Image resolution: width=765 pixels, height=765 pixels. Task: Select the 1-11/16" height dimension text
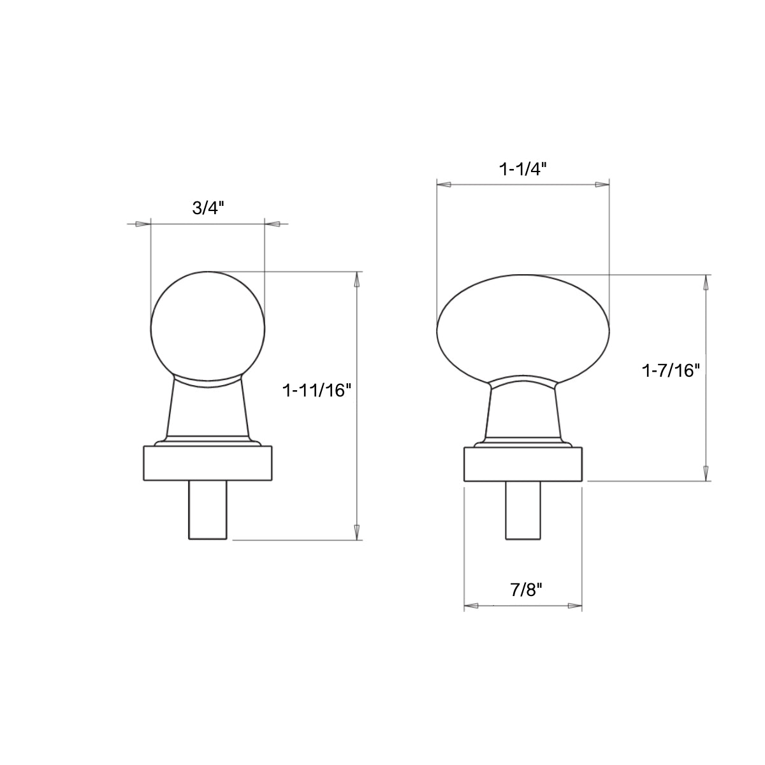pyautogui.click(x=317, y=390)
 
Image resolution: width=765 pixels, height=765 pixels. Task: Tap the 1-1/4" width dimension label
pyautogui.click(x=523, y=170)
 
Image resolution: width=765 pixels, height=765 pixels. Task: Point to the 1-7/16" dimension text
pyautogui.click(x=671, y=371)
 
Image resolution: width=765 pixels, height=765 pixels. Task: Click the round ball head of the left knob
pyautogui.click(x=208, y=328)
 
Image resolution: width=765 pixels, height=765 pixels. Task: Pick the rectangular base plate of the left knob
pyautogui.click(x=208, y=463)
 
